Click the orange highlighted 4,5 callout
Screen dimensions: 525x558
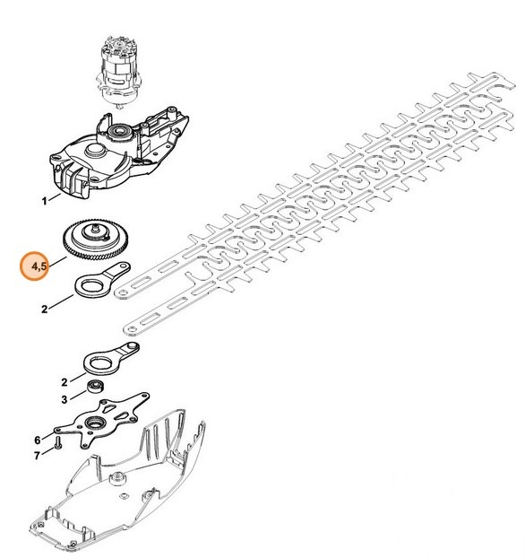click(x=34, y=266)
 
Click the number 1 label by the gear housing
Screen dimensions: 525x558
click(x=44, y=202)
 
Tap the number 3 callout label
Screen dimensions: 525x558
click(x=64, y=399)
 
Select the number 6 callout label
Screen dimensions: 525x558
click(x=38, y=440)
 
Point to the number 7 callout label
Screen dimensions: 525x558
click(x=37, y=456)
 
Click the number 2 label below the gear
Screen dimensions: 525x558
click(x=44, y=310)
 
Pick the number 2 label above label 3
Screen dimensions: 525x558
click(x=64, y=382)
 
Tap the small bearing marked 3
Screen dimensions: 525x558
click(x=96, y=386)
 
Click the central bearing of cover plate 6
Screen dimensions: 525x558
click(x=95, y=422)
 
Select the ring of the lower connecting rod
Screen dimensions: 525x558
click(x=99, y=363)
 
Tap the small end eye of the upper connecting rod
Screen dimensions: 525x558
click(x=124, y=266)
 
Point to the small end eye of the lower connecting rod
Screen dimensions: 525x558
click(x=133, y=346)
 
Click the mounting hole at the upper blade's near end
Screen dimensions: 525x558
click(x=123, y=292)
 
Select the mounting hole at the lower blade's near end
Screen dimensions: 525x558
click(x=132, y=329)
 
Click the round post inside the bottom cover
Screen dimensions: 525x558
click(x=117, y=477)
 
